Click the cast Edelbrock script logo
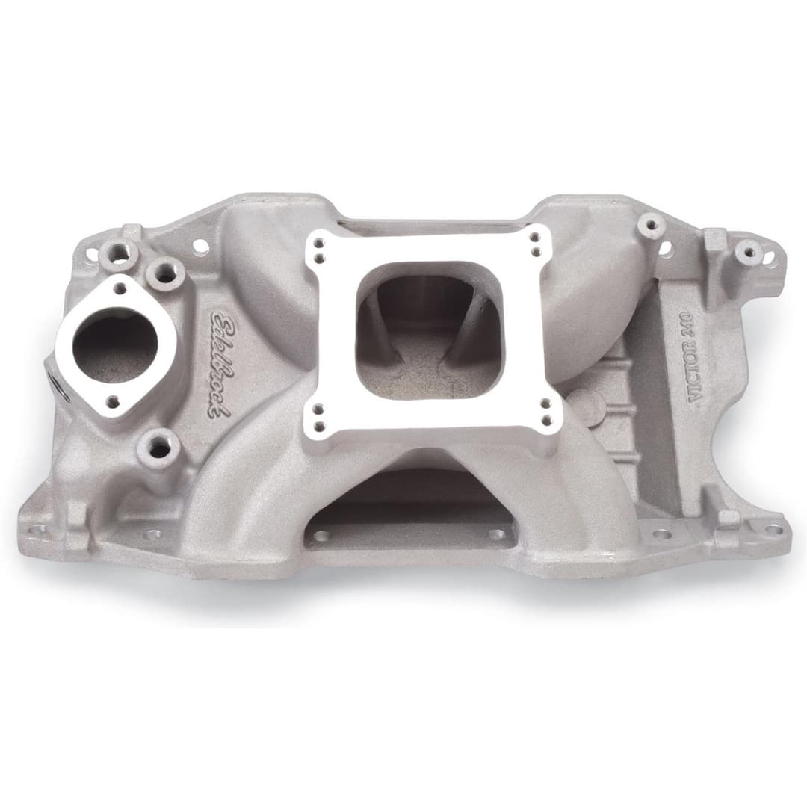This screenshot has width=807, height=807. pos(221,363)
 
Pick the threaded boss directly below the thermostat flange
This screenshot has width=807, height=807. pos(159,448)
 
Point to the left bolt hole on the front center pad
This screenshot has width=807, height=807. pos(321,536)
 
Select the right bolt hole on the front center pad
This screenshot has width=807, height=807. pos(497,535)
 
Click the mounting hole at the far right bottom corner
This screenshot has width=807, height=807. pos(773,529)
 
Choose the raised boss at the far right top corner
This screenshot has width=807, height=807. pos(749,252)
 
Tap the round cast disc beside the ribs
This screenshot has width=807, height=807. pos(590,407)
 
